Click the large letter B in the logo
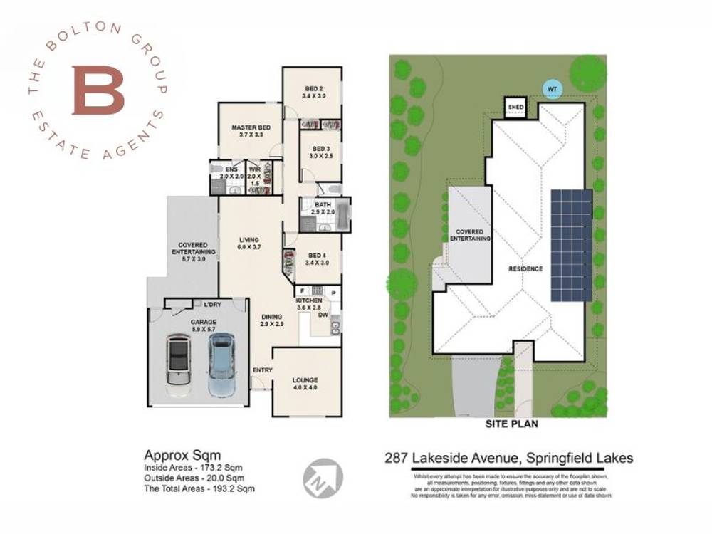pos(98,90)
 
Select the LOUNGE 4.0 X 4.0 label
pos(305,384)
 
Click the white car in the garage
pos(178,364)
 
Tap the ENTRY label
pos(262,370)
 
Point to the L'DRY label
pos(211,305)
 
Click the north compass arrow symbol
pos(323,478)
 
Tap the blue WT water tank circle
pos(551,89)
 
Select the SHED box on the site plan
pos(515,108)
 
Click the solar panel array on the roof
pos(571,246)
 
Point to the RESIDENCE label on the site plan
pos(525,269)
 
